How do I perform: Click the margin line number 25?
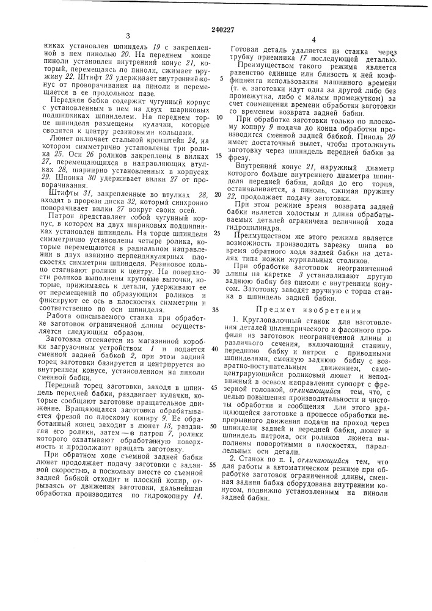pos(218,217)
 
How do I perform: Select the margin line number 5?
pos(221,79)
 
